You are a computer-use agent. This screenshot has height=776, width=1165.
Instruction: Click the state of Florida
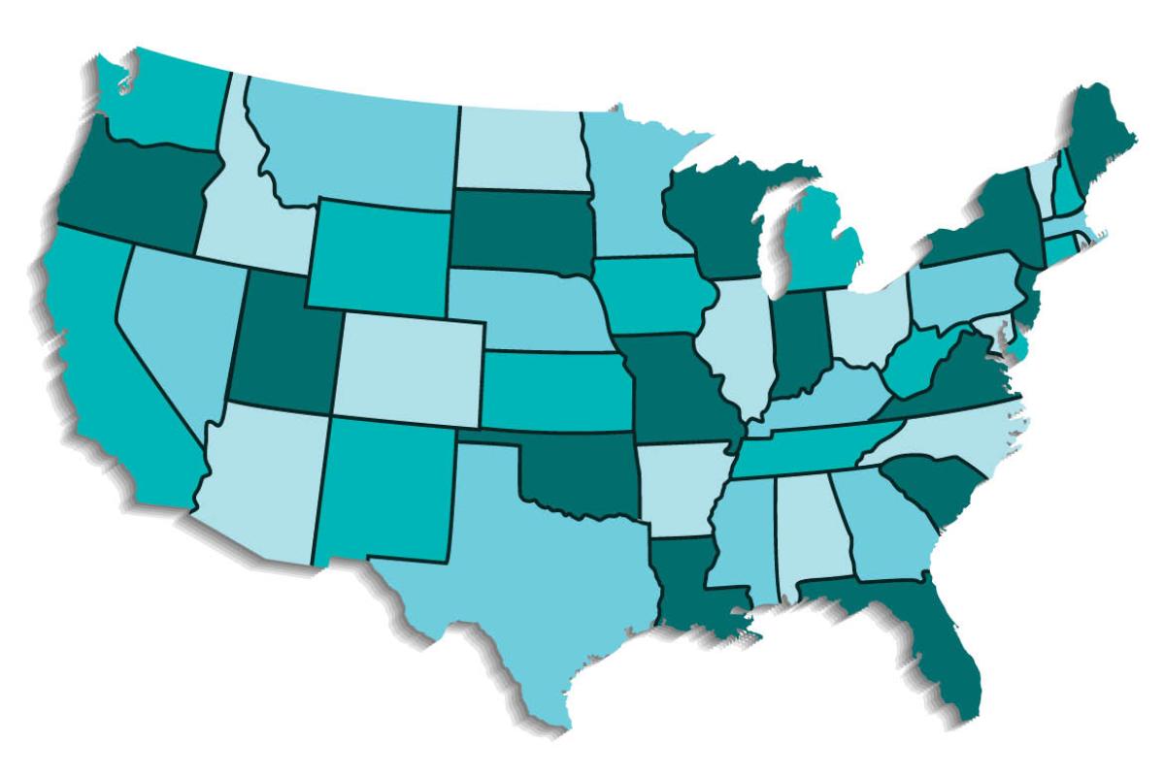pyautogui.click(x=932, y=630)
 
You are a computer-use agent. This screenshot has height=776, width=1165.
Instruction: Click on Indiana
pyautogui.click(x=798, y=344)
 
